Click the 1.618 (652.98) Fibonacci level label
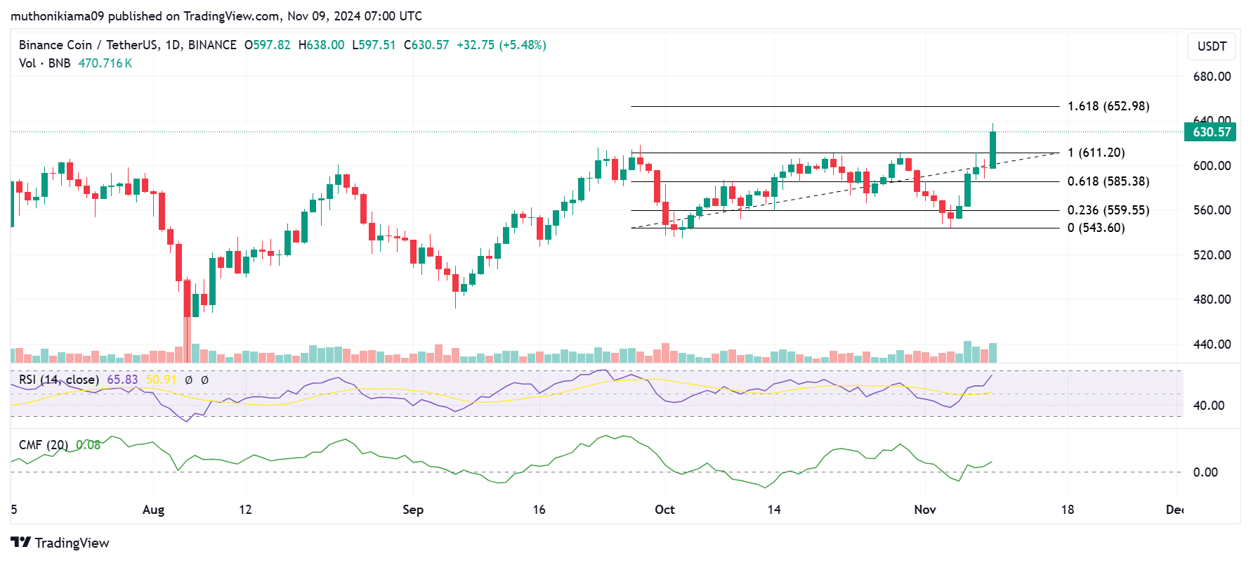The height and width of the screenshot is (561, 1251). [x=1108, y=106]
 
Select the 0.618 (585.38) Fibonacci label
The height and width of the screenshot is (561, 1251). [x=1108, y=181]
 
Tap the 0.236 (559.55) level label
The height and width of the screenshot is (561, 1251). [x=1108, y=210]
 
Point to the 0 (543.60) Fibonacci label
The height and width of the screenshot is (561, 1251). [x=1096, y=228]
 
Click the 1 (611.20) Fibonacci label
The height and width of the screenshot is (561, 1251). [x=1096, y=153]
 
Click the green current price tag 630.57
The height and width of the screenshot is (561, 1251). [x=1211, y=132]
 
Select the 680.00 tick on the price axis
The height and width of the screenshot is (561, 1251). [x=1212, y=77]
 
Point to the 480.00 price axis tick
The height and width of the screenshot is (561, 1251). [x=1212, y=299]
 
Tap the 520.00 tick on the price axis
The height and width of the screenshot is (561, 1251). [x=1212, y=254]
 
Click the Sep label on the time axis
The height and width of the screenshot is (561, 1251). [x=413, y=510]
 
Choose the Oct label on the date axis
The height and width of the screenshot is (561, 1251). [x=664, y=510]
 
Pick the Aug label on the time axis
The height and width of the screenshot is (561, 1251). [x=153, y=510]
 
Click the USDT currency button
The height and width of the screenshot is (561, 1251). [x=1212, y=46]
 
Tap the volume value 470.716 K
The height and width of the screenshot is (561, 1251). [x=105, y=63]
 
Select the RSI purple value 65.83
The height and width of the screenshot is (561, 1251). [x=122, y=380]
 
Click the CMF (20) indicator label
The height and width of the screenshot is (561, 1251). [x=44, y=445]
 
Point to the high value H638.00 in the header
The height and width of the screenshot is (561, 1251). [x=321, y=45]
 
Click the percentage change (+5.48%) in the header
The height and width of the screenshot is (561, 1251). [x=523, y=45]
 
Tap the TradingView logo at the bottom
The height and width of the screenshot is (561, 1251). [x=60, y=543]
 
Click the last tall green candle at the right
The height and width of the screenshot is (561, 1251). [x=993, y=150]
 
